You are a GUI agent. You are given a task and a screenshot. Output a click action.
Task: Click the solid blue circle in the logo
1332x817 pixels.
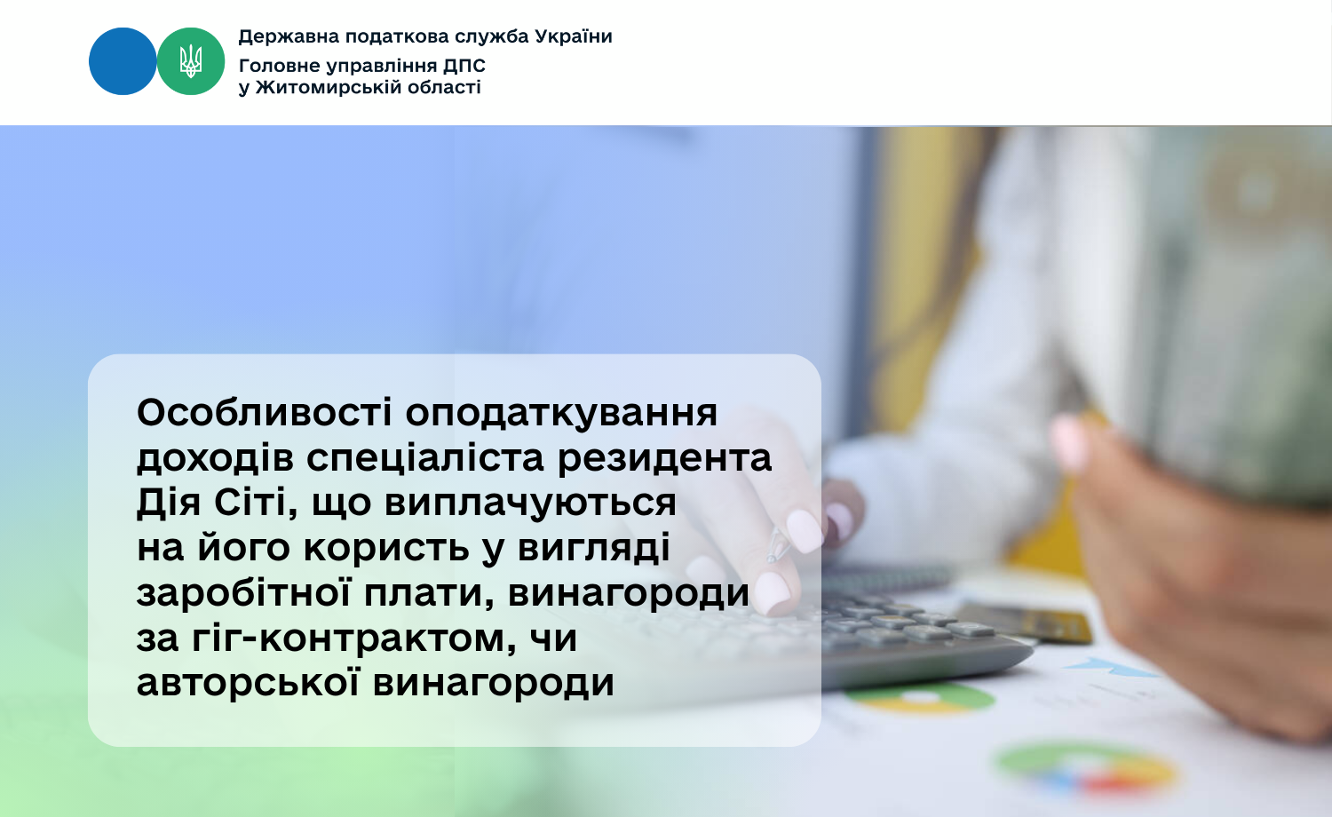coord(123,61)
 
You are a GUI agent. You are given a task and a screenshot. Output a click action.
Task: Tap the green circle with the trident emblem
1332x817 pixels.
coord(191,61)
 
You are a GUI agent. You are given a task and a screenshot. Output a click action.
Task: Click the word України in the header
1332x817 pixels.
coord(574,36)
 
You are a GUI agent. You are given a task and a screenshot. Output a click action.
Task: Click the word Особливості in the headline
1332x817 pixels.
coord(265,412)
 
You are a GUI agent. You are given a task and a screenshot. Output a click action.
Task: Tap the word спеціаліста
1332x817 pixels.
coord(425,459)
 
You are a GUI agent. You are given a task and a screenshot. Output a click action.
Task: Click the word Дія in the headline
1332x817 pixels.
coord(169,503)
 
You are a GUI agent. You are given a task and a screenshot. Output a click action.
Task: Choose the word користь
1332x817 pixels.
coord(386,548)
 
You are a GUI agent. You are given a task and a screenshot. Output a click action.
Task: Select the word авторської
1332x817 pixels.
coord(248,682)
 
